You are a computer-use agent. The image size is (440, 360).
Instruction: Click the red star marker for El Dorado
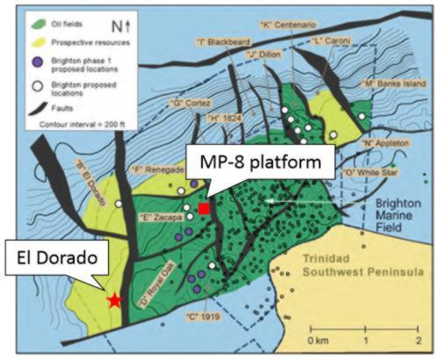(x=114, y=299)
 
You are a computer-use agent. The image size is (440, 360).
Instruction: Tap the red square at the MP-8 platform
(x=204, y=208)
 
